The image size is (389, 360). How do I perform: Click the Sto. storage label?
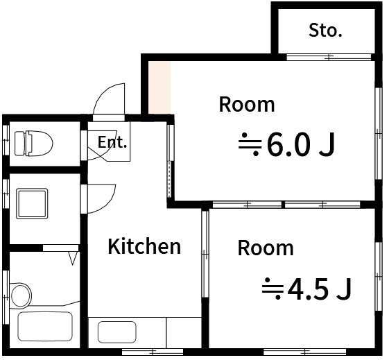[325, 31]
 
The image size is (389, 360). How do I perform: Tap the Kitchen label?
[144, 246]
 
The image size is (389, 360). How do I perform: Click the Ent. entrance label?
[112, 142]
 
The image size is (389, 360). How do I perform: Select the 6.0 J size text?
[301, 145]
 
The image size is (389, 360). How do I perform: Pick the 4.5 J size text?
[320, 289]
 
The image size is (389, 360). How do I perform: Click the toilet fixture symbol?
[33, 144]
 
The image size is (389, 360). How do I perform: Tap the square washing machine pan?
[32, 204]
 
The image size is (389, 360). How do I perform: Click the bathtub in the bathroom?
[45, 326]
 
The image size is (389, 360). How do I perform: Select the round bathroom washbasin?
[21, 295]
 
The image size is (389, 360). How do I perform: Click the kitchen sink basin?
[117, 332]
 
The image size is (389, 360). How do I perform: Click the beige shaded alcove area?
[159, 87]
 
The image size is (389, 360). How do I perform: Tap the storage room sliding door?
[329, 57]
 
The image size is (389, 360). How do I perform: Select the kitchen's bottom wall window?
[153, 352]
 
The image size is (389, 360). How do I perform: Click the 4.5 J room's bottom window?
[304, 352]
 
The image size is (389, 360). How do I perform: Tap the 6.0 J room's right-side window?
[379, 133]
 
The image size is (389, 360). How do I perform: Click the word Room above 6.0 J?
[247, 105]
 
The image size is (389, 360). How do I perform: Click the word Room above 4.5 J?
[266, 248]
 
